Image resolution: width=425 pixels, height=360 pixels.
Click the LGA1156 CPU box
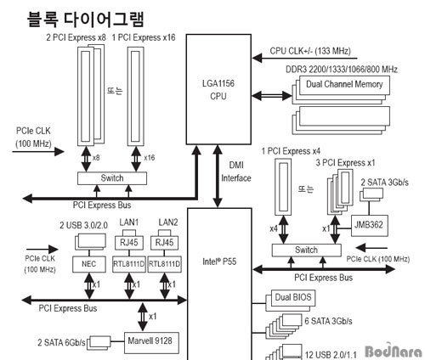218,89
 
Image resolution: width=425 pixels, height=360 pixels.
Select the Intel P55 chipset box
219,284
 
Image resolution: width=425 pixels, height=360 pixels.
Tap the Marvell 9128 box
151,343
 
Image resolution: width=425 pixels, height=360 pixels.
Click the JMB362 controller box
370,226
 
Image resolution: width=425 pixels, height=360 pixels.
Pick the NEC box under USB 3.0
89,264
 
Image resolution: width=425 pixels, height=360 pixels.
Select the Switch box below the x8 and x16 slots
112,178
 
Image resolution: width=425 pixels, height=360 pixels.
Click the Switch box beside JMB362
306,250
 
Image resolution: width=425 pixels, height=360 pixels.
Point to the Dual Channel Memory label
344,84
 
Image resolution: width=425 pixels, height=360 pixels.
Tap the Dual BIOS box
293,298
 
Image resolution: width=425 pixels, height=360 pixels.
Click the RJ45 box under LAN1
129,243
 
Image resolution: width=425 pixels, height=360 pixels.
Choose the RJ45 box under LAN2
164,243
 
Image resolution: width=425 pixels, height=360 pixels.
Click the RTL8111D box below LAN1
129,264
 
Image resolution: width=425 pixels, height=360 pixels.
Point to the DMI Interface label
236,172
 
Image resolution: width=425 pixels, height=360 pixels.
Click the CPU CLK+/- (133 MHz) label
310,51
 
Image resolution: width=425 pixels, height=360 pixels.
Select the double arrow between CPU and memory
271,96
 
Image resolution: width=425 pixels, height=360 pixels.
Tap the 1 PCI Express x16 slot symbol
136,96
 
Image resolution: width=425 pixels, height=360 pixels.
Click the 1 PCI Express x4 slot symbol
283,187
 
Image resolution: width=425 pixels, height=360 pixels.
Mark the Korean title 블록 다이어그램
86,20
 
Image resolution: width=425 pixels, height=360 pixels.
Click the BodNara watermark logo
394,351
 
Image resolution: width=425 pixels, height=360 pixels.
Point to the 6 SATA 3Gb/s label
328,321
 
